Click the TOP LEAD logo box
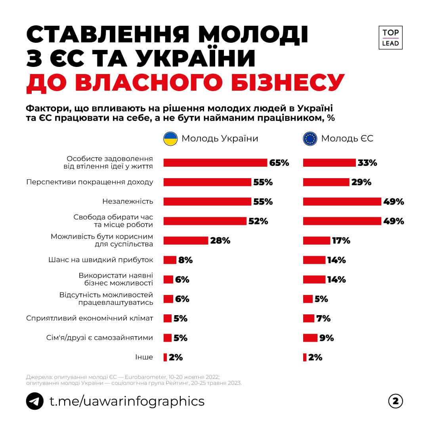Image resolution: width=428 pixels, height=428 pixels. (390, 38)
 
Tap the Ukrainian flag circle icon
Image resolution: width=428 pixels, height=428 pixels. (171, 139)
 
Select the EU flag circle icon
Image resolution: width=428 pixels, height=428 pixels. (310, 139)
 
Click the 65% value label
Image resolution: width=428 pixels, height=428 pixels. (279, 163)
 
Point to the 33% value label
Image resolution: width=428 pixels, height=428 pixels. (367, 163)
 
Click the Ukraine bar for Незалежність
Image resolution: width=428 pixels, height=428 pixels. (207, 202)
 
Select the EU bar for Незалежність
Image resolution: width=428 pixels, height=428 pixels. (342, 202)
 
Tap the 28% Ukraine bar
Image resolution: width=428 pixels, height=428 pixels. (186, 240)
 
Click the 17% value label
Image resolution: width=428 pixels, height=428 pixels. (341, 240)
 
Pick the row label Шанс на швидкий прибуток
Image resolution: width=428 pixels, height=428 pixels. (101, 260)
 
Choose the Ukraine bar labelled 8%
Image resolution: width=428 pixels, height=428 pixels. (170, 260)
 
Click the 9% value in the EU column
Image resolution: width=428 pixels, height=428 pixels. (327, 338)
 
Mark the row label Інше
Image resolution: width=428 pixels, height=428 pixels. (144, 357)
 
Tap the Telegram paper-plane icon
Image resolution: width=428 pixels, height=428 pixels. (34, 401)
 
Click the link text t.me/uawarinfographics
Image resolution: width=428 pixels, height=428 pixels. (127, 401)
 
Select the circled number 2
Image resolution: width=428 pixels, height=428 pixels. (395, 401)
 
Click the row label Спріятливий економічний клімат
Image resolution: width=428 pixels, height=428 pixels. (90, 318)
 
